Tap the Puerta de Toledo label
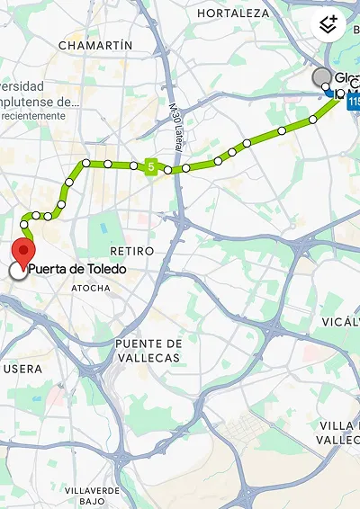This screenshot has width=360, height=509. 76,270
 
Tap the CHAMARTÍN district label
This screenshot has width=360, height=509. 95,45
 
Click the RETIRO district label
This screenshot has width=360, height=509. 131,250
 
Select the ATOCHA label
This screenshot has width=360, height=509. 91,288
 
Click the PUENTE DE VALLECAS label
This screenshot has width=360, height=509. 148,351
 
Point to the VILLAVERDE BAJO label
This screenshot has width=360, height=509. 92,495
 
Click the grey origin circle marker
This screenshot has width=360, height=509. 321,78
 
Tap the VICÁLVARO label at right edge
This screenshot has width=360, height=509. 341,321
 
